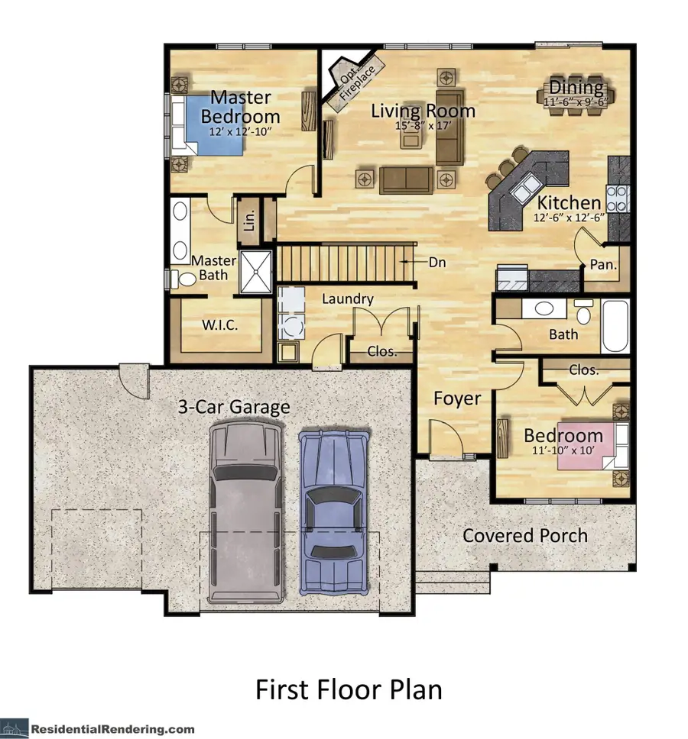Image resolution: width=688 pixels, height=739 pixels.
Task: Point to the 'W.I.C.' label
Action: click(220, 325)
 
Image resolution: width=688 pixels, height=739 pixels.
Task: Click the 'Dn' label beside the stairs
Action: click(436, 262)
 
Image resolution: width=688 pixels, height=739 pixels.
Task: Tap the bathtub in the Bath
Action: click(615, 326)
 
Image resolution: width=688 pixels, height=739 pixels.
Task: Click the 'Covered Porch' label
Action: click(525, 535)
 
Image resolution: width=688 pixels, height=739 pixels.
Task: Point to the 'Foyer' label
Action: click(457, 399)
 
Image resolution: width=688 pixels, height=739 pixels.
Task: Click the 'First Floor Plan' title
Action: click(349, 690)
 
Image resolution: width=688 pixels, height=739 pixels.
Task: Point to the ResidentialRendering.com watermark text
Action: click(112, 729)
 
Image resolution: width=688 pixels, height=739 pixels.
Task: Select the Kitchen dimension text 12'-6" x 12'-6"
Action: click(569, 217)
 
